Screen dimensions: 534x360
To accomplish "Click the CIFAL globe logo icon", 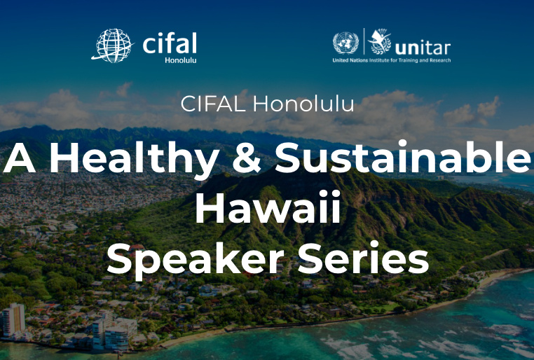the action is pyautogui.click(x=113, y=46).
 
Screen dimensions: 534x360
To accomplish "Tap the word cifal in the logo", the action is pyautogui.click(x=170, y=43).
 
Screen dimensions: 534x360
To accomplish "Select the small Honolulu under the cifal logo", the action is pyautogui.click(x=181, y=60).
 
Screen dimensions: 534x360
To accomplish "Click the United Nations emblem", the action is pyautogui.click(x=345, y=43).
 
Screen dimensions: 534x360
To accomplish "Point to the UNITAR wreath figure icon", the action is pyautogui.click(x=380, y=41).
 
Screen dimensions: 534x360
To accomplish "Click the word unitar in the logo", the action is pyautogui.click(x=423, y=48).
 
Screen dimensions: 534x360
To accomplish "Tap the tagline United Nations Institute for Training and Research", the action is pyautogui.click(x=392, y=60).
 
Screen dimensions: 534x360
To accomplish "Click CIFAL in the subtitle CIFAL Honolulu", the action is pyautogui.click(x=213, y=104).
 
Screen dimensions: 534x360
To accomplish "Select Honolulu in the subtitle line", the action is pyautogui.click(x=303, y=104).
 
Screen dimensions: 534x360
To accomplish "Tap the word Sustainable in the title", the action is pyautogui.click(x=402, y=157).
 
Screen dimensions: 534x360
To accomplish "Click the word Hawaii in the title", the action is pyautogui.click(x=268, y=207).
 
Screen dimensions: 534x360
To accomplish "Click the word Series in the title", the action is pyautogui.click(x=363, y=258).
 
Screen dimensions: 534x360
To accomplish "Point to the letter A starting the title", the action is pyautogui.click(x=20, y=158).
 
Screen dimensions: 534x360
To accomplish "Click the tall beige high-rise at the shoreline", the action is pyautogui.click(x=14, y=320).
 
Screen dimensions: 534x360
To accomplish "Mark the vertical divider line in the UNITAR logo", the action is pyautogui.click(x=364, y=41).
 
